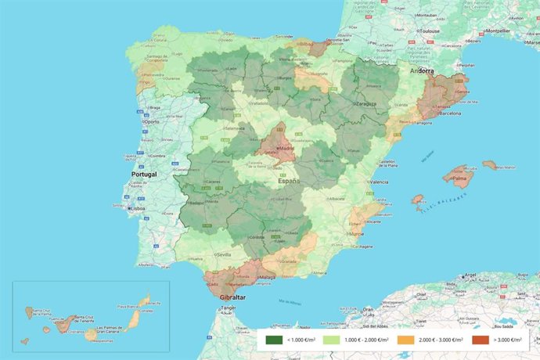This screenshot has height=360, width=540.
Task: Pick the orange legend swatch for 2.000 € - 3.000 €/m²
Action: (x=405, y=340)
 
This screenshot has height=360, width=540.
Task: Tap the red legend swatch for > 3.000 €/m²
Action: (x=479, y=340)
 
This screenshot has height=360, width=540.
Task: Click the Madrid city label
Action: (x=286, y=147)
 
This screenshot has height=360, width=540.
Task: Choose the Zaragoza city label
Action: (x=369, y=103)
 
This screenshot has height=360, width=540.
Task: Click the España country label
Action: (x=288, y=181)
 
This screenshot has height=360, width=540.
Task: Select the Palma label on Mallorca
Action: (x=459, y=178)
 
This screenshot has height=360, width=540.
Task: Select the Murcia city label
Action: (x=358, y=233)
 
